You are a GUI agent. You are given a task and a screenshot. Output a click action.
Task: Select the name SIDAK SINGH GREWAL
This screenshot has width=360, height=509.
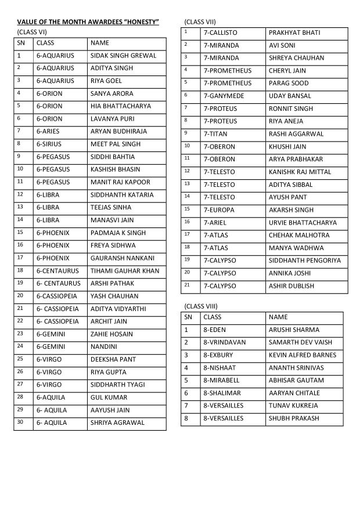pyautogui.click(x=123, y=56)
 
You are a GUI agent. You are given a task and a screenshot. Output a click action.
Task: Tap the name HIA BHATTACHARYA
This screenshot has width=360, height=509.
pyautogui.click(x=120, y=106)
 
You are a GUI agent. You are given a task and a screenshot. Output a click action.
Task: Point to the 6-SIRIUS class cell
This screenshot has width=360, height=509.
pyautogui.click(x=51, y=144)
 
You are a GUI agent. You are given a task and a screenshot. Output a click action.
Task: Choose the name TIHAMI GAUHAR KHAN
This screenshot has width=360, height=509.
pyautogui.click(x=124, y=270)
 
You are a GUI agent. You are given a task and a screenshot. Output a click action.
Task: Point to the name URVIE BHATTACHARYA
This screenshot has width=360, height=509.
pyautogui.click(x=304, y=222)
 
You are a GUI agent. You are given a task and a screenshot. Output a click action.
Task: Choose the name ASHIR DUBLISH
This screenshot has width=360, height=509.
pyautogui.click(x=291, y=286)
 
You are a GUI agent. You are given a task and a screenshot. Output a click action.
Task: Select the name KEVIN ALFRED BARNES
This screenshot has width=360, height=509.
pyautogui.click(x=302, y=355)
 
